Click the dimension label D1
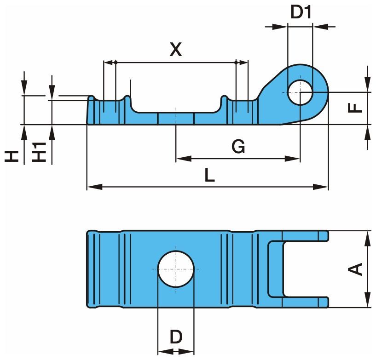[301, 12]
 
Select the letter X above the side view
[175, 49]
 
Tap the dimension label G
[238, 147]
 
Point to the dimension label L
[209, 175]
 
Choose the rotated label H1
[40, 151]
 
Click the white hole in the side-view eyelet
[300, 92]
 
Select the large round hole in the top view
[176, 269]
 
